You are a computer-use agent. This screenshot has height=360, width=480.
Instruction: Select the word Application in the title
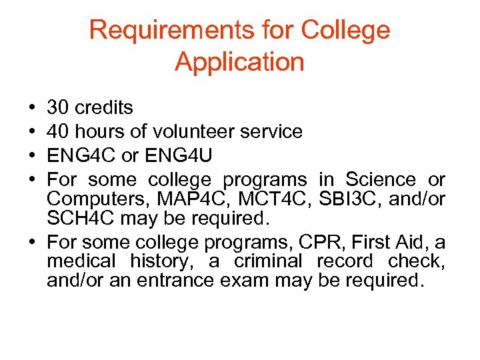[x=239, y=62]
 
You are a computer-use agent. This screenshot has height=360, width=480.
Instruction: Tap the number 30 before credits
[x=59, y=107]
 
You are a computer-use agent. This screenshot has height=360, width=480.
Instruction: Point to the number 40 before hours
[x=59, y=131]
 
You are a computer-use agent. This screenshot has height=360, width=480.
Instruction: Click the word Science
[x=377, y=179]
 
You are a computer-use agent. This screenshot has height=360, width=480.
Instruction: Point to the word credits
[x=104, y=107]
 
